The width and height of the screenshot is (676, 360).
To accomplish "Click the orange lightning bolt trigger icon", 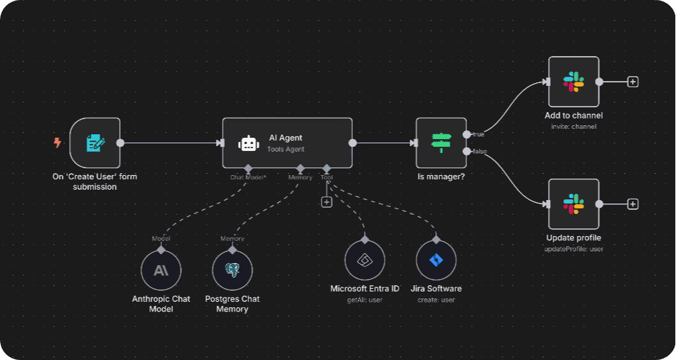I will click(57, 143).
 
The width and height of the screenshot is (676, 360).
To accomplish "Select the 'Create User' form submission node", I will click(95, 143).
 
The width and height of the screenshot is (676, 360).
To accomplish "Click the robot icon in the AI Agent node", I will click(248, 143).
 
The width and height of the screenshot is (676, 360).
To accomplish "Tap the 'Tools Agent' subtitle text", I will click(286, 149).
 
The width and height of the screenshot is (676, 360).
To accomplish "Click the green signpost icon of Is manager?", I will click(441, 143).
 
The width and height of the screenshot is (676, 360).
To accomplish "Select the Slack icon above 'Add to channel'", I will click(573, 82).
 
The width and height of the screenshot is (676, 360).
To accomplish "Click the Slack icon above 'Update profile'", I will click(573, 204).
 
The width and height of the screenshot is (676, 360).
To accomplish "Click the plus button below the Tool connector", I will click(327, 201).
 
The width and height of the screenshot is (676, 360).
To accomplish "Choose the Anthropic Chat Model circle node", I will click(161, 270).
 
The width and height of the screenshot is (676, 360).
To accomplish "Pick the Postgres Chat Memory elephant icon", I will click(232, 270).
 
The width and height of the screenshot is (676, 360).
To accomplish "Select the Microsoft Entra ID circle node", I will click(365, 261).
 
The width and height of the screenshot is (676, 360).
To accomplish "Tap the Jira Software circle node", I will click(436, 261).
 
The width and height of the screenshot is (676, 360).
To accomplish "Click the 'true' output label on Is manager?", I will click(478, 134).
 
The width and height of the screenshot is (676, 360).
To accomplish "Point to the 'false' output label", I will click(479, 152).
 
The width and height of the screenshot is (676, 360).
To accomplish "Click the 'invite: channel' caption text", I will click(574, 127).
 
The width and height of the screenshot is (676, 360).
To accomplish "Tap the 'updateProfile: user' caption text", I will click(574, 249).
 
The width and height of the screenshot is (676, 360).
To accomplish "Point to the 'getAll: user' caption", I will click(365, 300).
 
